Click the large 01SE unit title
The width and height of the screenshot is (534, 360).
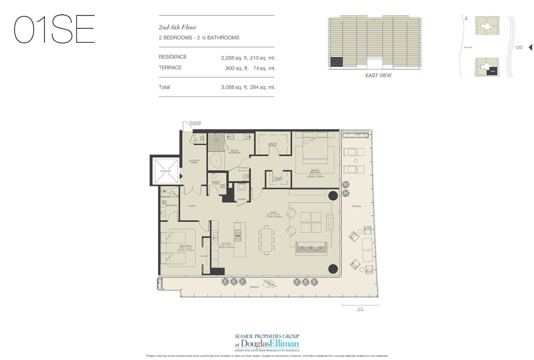point(54,29)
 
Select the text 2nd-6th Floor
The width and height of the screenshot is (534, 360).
point(178,27)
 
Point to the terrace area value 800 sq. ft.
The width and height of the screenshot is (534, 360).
point(237,68)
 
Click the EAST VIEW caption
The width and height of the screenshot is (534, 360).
point(378,76)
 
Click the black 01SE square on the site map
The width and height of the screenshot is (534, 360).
point(492,71)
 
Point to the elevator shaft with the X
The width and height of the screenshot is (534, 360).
point(166,171)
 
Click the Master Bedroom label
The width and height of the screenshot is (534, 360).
point(315,172)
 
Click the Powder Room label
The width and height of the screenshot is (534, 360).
point(216,183)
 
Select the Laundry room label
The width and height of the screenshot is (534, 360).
point(242,199)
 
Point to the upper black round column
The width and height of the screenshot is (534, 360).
point(333,195)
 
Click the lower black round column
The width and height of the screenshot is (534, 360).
point(333,269)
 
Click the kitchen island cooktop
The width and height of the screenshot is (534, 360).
point(238,236)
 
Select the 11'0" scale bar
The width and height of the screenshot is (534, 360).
point(360,305)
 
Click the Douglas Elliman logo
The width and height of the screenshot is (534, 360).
point(267,344)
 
